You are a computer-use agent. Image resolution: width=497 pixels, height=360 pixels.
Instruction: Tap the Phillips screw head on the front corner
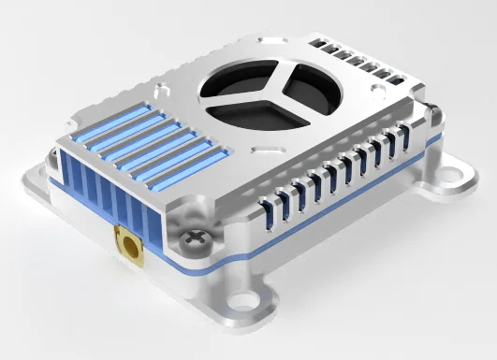click(x=195, y=239)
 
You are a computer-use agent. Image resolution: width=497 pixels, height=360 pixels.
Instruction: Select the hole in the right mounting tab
click(x=461, y=174)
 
